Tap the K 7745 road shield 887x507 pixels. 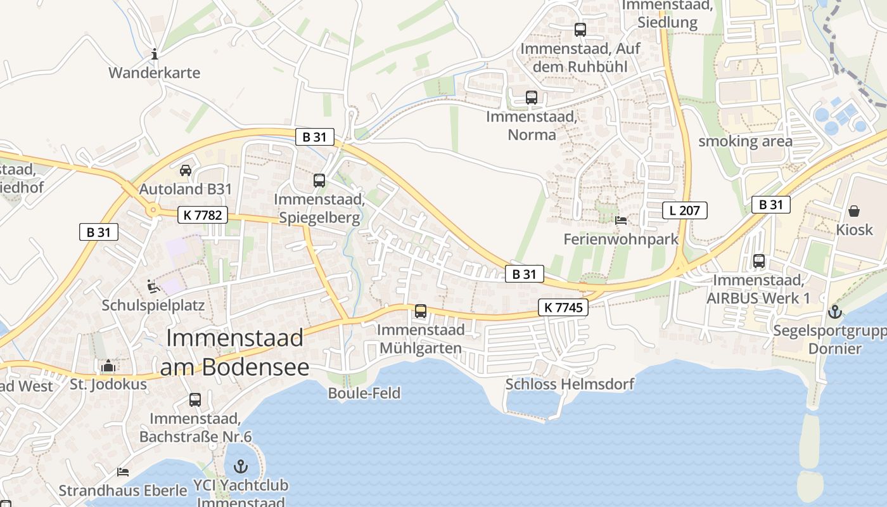click(563, 308)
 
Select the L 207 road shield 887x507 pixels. click(684, 210)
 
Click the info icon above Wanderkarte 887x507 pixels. click(155, 55)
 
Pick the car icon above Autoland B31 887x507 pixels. click(186, 170)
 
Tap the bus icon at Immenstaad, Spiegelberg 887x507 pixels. click(319, 181)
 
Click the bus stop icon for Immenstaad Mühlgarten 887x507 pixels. click(421, 311)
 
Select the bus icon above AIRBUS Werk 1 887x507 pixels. click(759, 261)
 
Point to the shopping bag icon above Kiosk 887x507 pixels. click(854, 211)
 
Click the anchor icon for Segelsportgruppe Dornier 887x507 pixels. click(835, 312)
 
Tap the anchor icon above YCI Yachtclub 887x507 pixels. click(241, 467)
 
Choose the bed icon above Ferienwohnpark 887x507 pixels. click(621, 221)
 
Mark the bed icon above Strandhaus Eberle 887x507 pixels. click(123, 472)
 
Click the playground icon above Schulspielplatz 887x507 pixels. click(153, 286)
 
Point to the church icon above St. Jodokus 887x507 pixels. click(108, 366)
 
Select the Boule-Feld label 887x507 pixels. click(364, 393)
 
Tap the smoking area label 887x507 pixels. click(745, 141)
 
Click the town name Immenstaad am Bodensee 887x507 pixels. click(234, 352)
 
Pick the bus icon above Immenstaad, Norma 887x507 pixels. click(532, 98)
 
